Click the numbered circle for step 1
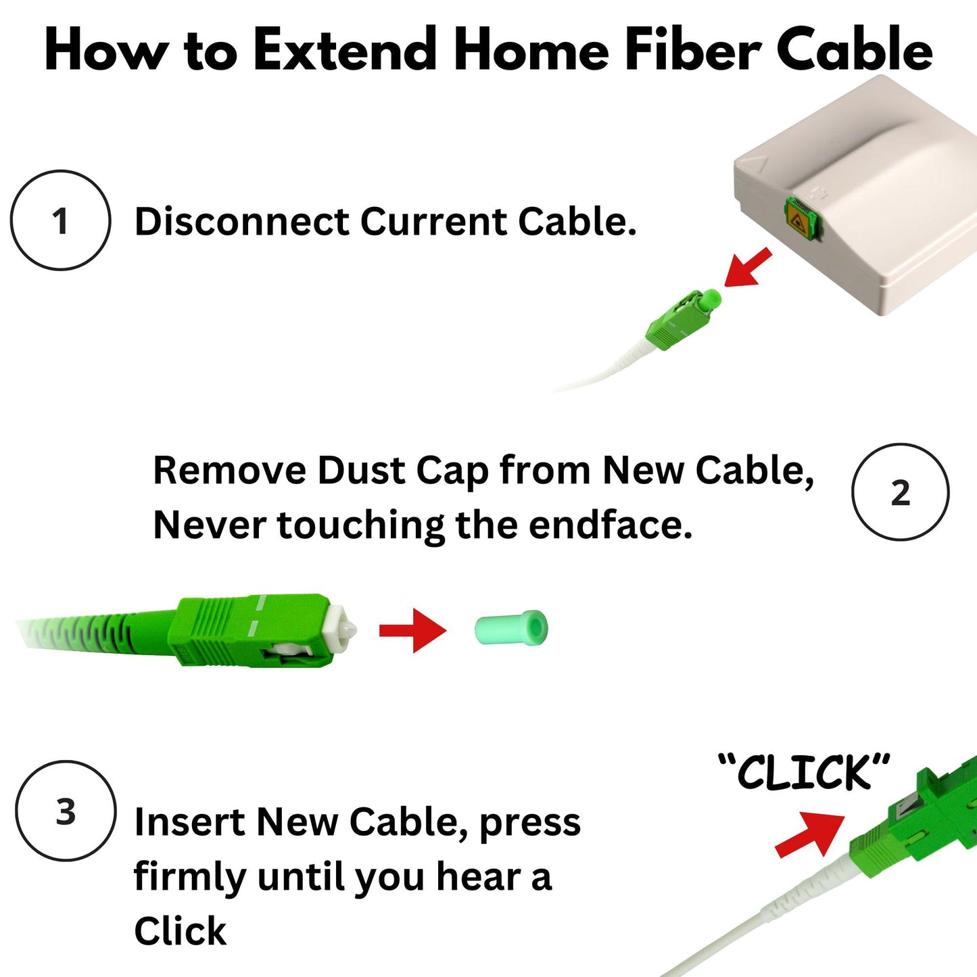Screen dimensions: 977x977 pyautogui.click(x=60, y=220)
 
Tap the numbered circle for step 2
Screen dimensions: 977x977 pyautogui.click(x=900, y=492)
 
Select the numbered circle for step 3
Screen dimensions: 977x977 pyautogui.click(x=66, y=811)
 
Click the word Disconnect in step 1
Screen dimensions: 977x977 pyautogui.click(x=241, y=222)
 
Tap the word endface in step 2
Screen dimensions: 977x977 pyautogui.click(x=610, y=525)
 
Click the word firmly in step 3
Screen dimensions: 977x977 pyautogui.click(x=190, y=877)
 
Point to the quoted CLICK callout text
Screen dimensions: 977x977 pyautogui.click(x=804, y=772)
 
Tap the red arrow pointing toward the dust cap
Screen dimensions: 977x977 pyautogui.click(x=413, y=630)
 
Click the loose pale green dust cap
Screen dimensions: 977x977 pyautogui.click(x=512, y=628)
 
